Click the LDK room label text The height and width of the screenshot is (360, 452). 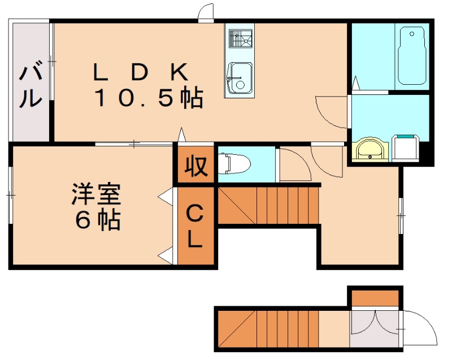141,72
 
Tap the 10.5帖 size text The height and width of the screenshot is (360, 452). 149,99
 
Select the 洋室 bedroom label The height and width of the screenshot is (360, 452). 95,195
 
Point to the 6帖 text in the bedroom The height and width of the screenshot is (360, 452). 98,220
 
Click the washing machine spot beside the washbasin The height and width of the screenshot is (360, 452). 406,148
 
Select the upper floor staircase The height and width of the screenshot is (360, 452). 269,206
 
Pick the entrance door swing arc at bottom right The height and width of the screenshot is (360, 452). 420,328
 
